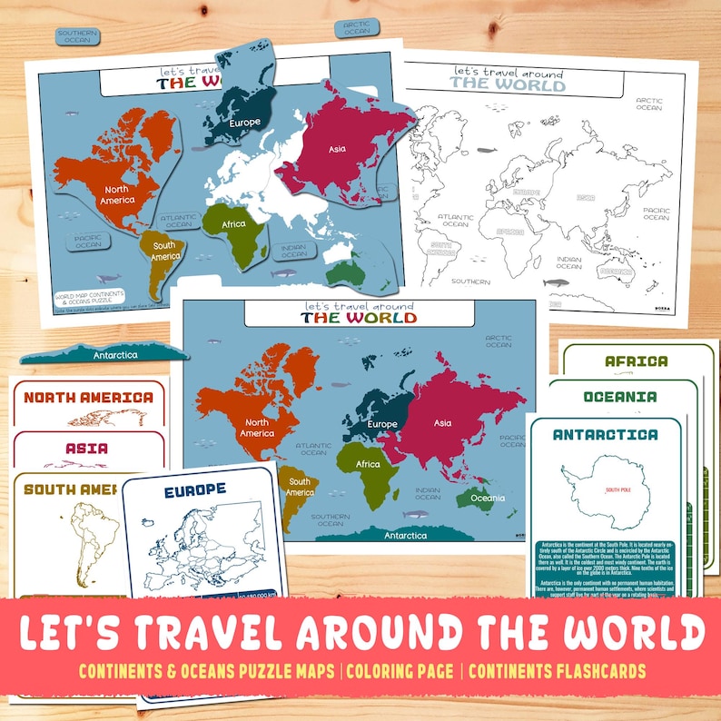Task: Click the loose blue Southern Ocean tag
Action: point(76,36)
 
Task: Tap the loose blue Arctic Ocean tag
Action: point(357,28)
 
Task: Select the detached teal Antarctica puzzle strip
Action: point(106,353)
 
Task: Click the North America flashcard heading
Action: point(88,397)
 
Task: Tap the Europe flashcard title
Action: point(195,490)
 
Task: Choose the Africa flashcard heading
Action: point(637,360)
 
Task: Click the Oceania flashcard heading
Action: point(620,397)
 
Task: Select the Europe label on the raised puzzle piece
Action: point(245,123)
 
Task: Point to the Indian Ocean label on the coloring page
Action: point(569,262)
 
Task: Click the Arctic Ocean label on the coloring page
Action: point(649,104)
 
